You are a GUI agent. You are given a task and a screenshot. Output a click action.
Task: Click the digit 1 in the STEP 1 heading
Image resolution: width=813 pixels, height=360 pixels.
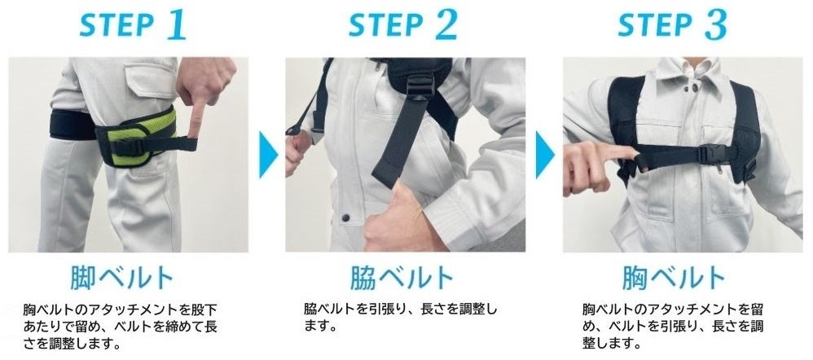tap(177, 24)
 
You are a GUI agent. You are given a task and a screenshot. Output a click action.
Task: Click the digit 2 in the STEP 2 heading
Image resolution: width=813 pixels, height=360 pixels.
tap(446, 24)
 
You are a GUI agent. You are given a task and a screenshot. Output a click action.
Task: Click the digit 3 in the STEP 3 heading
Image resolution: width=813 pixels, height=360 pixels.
tap(716, 24)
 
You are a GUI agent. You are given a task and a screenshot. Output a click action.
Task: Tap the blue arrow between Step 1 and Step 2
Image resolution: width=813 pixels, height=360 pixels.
tap(268, 155)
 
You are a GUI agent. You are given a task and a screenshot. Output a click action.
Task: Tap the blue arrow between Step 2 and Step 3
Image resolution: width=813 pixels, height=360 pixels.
tap(546, 155)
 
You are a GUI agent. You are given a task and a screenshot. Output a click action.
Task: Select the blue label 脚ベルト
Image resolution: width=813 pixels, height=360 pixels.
tap(122, 278)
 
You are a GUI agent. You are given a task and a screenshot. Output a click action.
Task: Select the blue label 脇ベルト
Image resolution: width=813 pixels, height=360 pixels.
tap(402, 278)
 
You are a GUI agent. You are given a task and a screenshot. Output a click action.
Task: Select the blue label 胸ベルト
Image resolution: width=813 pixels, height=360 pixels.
tap(674, 278)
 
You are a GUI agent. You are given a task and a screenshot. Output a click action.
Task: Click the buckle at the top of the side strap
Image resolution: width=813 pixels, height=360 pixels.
tap(420, 86)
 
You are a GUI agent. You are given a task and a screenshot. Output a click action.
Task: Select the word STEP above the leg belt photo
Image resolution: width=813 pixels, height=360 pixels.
tap(117, 25)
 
